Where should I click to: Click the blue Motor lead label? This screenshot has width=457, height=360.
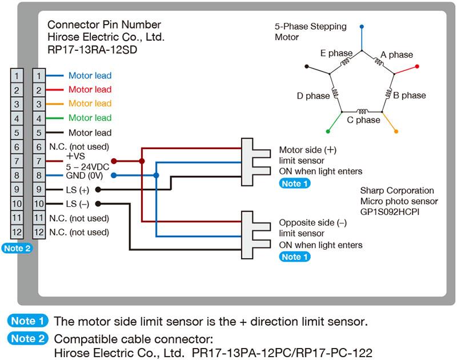[x=90, y=75]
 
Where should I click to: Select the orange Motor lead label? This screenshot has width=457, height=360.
[x=90, y=103]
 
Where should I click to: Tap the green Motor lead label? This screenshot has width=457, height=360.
[x=90, y=118]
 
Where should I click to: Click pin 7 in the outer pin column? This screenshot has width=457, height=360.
[x=17, y=161]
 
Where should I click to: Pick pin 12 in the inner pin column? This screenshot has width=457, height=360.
[x=39, y=233]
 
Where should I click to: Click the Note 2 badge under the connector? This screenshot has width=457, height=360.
[x=17, y=248]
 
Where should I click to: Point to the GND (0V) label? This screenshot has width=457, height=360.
[x=83, y=175]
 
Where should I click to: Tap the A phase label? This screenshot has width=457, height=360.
[x=396, y=55]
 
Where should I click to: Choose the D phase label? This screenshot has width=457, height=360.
[x=313, y=96]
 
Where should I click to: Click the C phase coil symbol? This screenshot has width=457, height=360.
[x=362, y=111]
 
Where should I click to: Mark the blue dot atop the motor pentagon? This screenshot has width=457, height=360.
[x=361, y=26]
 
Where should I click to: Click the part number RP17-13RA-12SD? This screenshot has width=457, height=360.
[x=93, y=50]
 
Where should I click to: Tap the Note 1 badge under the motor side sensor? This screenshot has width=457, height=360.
[x=295, y=183]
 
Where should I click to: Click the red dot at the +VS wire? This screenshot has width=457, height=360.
[x=114, y=161]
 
